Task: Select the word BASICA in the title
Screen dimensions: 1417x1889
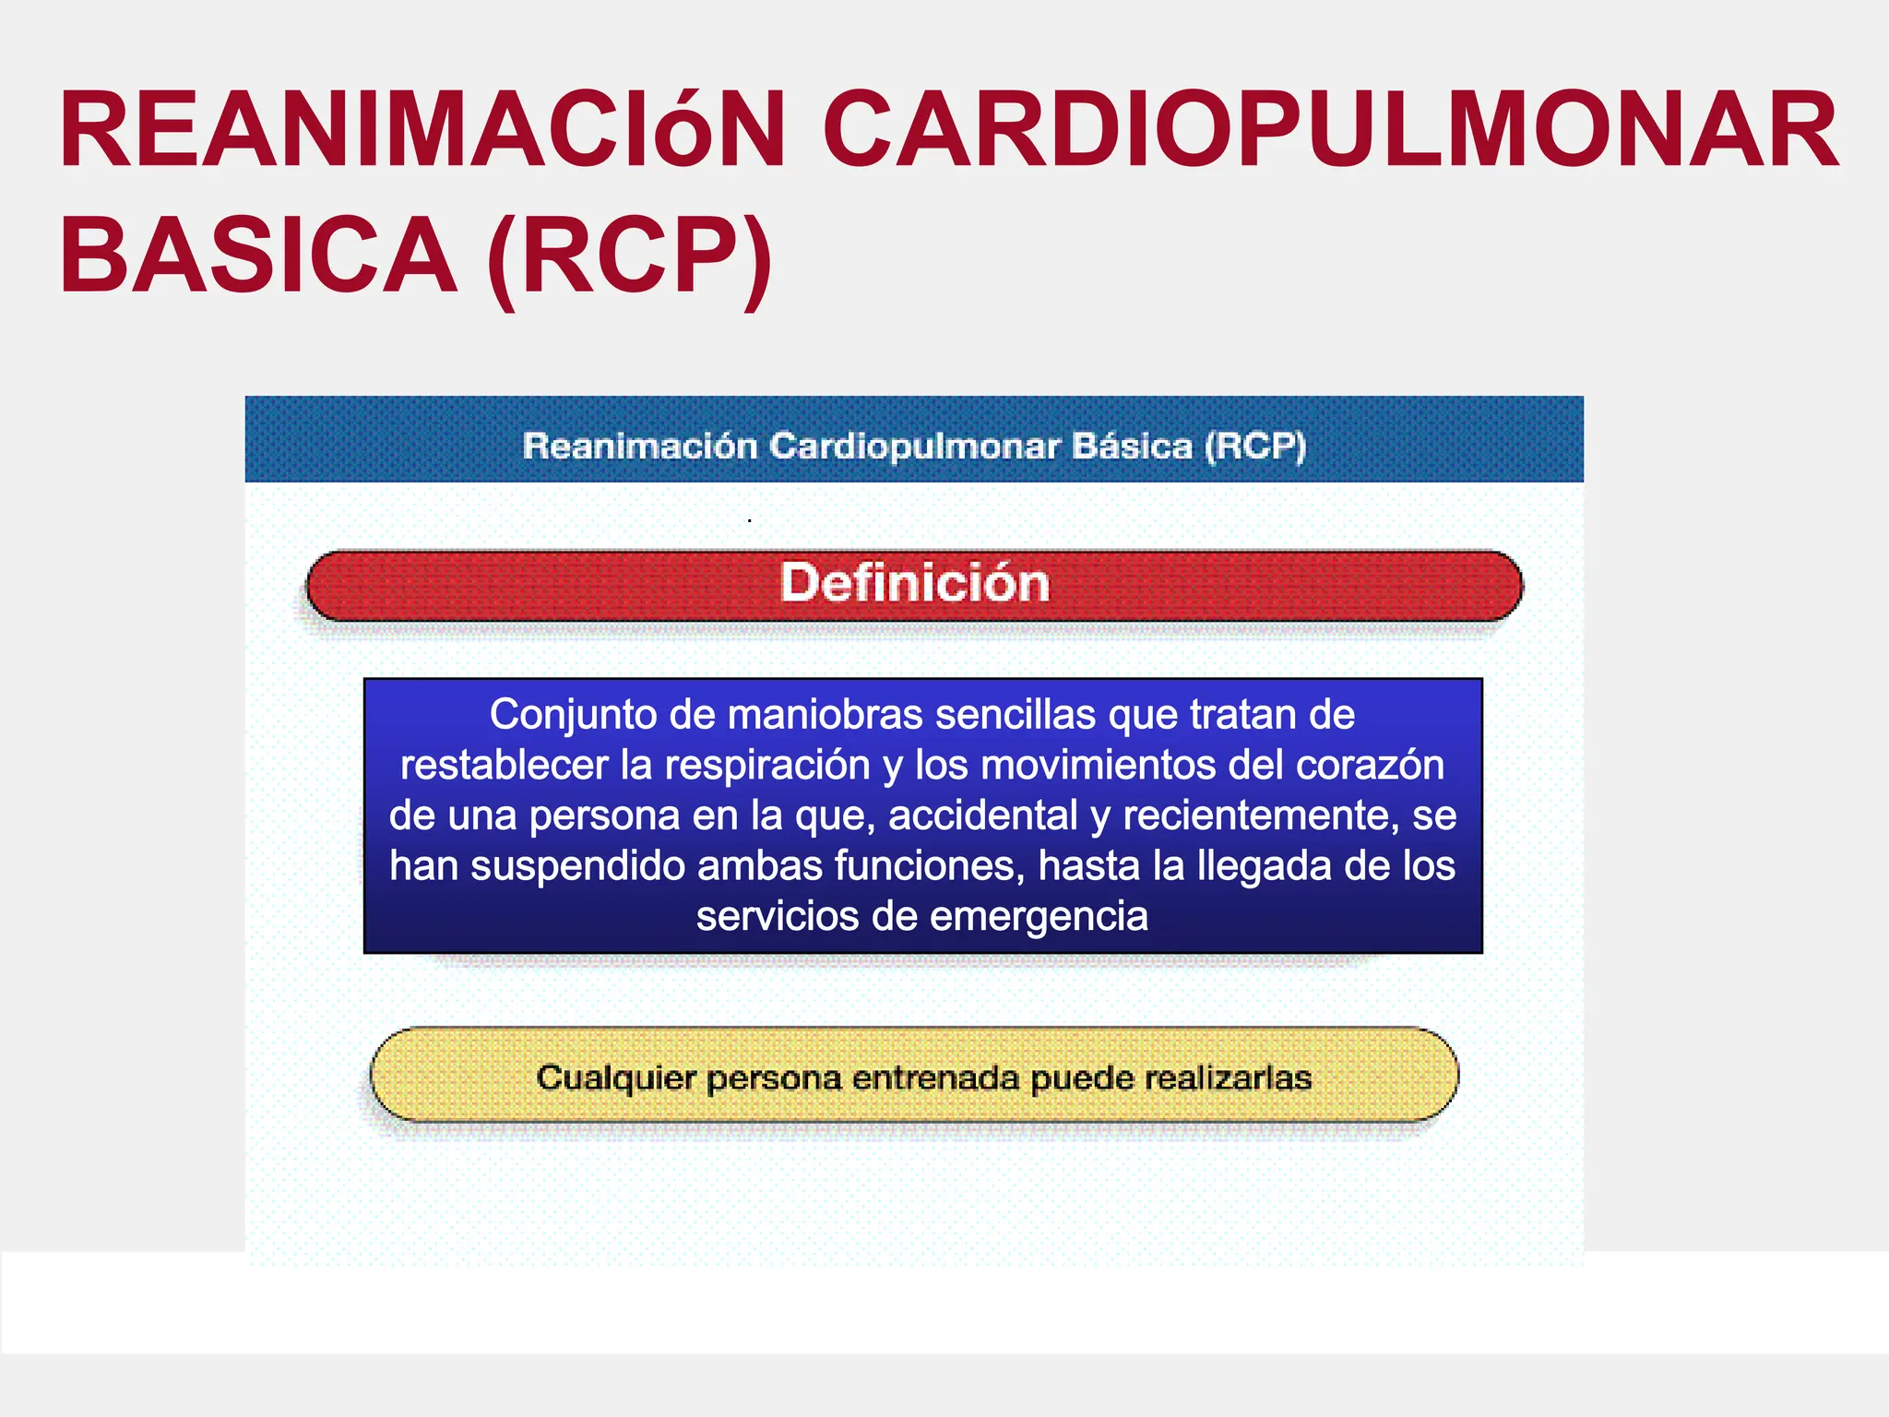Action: click(258, 256)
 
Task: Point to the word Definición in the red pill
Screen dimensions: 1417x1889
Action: click(914, 583)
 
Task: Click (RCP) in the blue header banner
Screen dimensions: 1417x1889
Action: click(1255, 447)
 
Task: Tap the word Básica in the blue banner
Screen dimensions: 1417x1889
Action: click(1132, 447)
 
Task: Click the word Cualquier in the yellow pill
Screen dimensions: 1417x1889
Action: click(616, 1078)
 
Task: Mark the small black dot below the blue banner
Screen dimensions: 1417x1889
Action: click(749, 521)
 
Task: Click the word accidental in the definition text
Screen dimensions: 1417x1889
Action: click(983, 816)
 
